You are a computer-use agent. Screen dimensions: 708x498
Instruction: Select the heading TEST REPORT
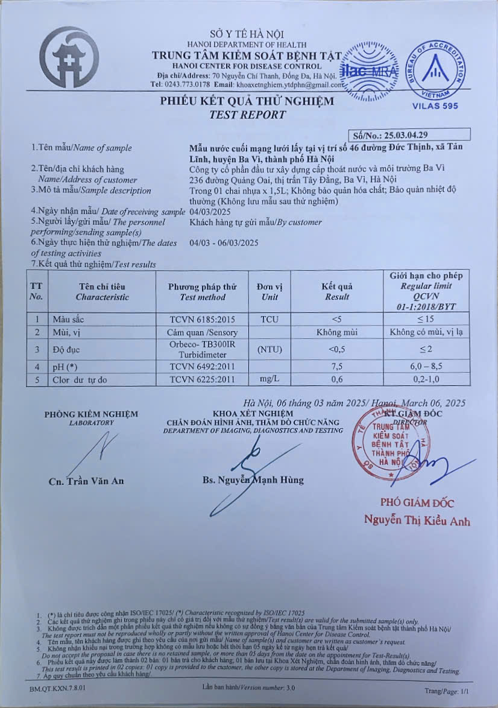(247, 115)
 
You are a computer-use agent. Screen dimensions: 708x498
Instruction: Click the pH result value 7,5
(337, 367)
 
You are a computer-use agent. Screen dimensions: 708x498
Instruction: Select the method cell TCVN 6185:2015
(203, 319)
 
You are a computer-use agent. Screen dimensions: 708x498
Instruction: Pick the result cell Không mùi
(337, 332)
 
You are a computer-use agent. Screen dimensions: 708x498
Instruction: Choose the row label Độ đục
(66, 350)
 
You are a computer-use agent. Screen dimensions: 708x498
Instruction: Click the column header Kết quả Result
(337, 291)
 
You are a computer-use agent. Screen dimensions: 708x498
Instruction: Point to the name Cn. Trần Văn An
(86, 481)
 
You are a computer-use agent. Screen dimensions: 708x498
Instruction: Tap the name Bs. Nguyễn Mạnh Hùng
(253, 480)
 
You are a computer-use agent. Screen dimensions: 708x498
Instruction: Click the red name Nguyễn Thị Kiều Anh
(417, 520)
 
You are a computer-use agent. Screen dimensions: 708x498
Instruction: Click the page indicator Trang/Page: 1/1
(446, 691)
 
